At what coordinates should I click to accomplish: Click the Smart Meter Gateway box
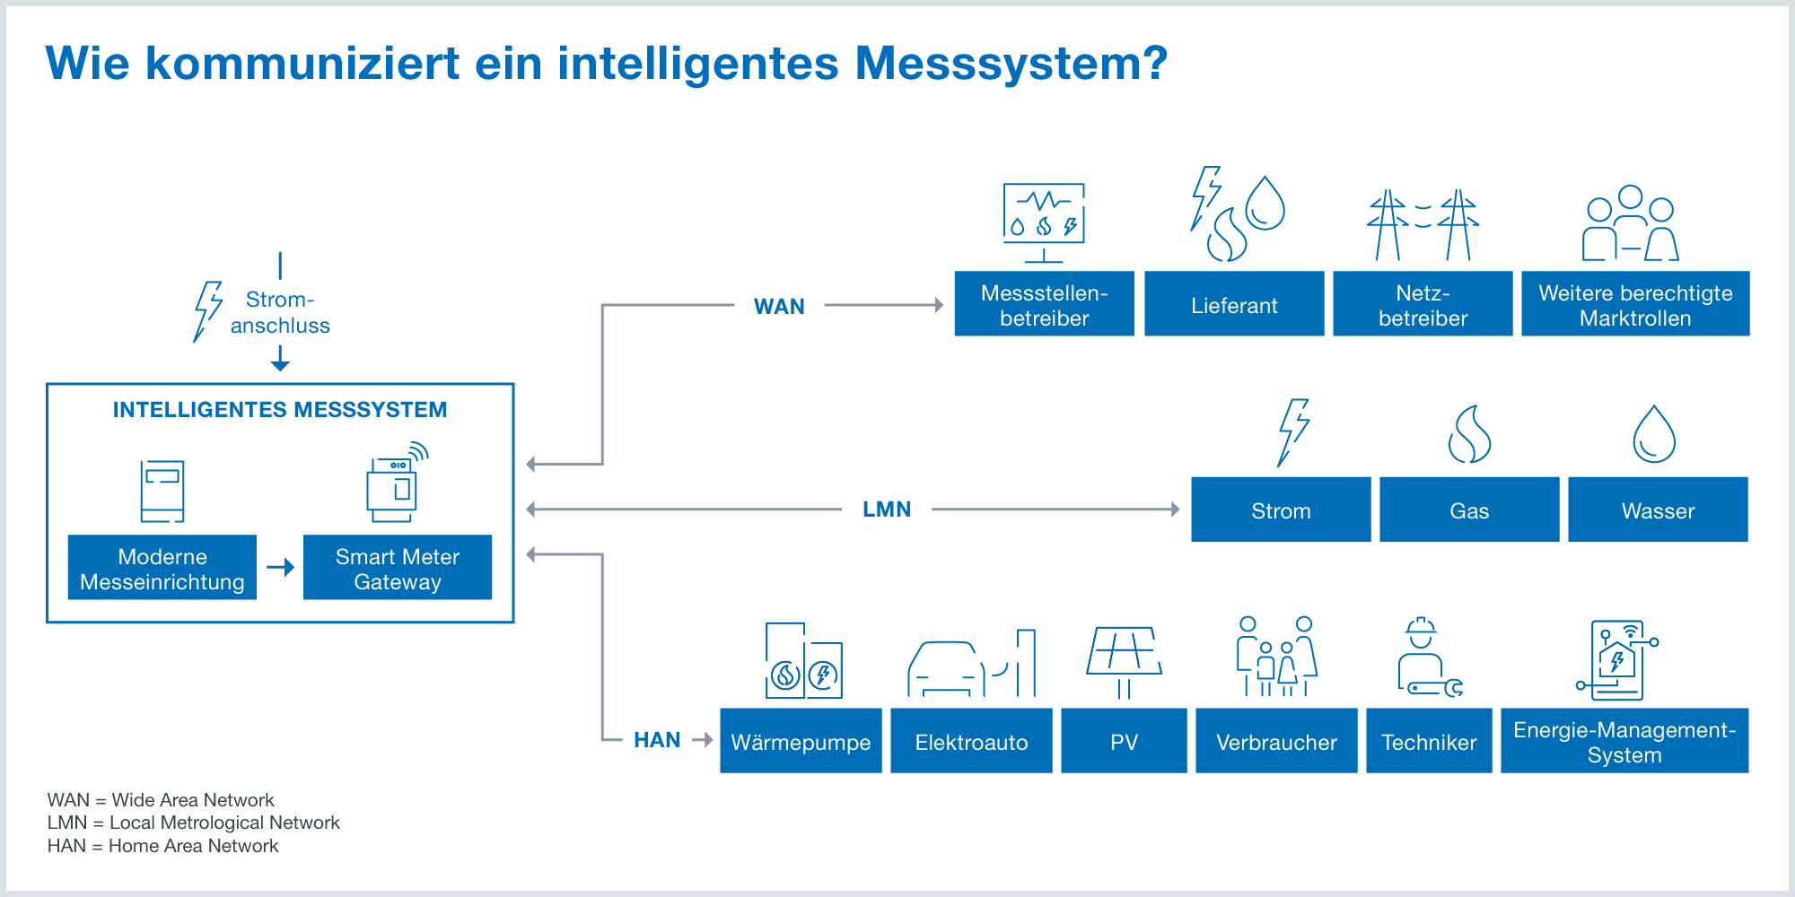point(398,567)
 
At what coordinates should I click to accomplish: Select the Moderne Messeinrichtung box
point(162,567)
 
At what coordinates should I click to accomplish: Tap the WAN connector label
point(779,307)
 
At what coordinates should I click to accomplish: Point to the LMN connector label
point(887,509)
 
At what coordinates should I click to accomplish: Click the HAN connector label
point(657,740)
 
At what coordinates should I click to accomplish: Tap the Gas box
point(1469,509)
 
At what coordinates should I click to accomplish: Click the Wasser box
point(1658,509)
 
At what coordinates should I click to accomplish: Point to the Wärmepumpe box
point(801,741)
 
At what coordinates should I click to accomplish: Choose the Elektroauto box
point(971,741)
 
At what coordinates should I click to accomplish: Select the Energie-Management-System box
point(1624,741)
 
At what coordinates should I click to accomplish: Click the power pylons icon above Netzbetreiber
point(1423,224)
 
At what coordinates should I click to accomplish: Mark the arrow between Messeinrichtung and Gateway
point(281,567)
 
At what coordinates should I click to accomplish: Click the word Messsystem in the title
point(1011,65)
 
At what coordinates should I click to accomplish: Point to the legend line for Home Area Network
point(163,846)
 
